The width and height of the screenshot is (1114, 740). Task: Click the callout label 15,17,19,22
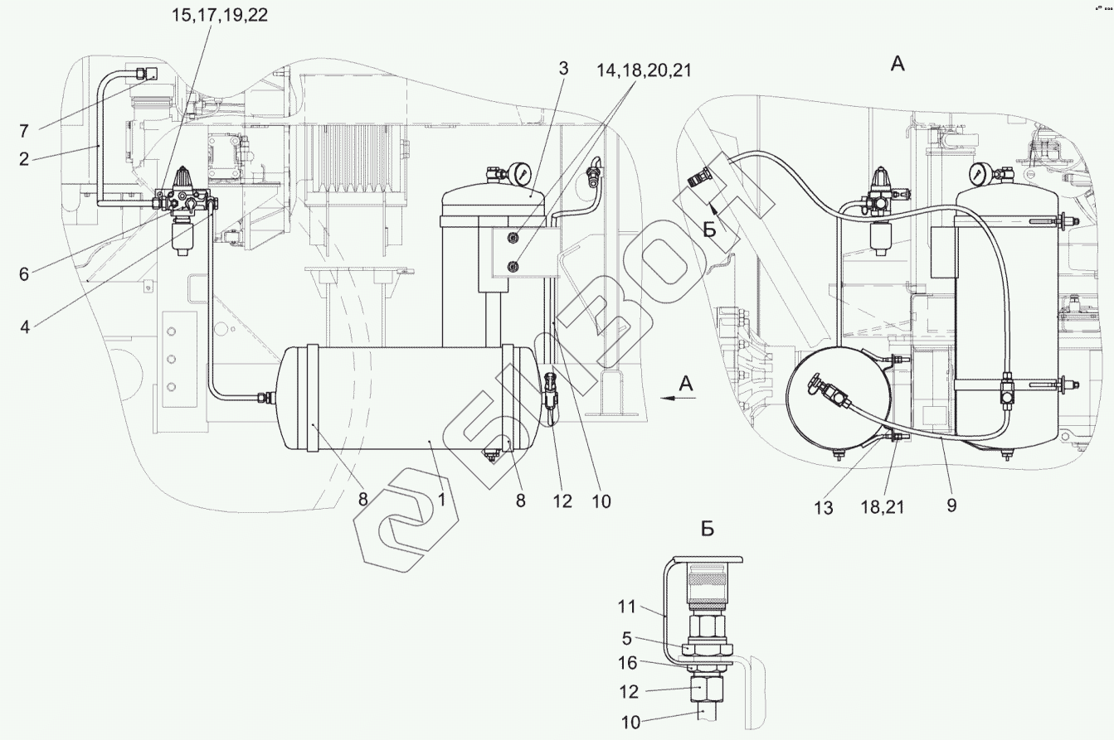click(x=219, y=16)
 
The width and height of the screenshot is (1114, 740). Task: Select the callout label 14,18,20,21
click(x=644, y=71)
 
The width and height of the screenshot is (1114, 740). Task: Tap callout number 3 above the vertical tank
click(x=563, y=69)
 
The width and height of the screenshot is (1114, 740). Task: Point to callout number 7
click(x=24, y=131)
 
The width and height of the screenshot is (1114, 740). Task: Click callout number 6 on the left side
click(x=24, y=274)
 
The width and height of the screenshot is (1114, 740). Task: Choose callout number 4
click(x=25, y=327)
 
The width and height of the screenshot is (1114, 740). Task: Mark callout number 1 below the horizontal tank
click(x=441, y=500)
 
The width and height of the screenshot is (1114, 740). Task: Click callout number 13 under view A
click(x=824, y=508)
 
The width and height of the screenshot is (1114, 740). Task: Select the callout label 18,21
click(x=883, y=507)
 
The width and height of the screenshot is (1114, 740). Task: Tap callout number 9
click(x=951, y=505)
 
